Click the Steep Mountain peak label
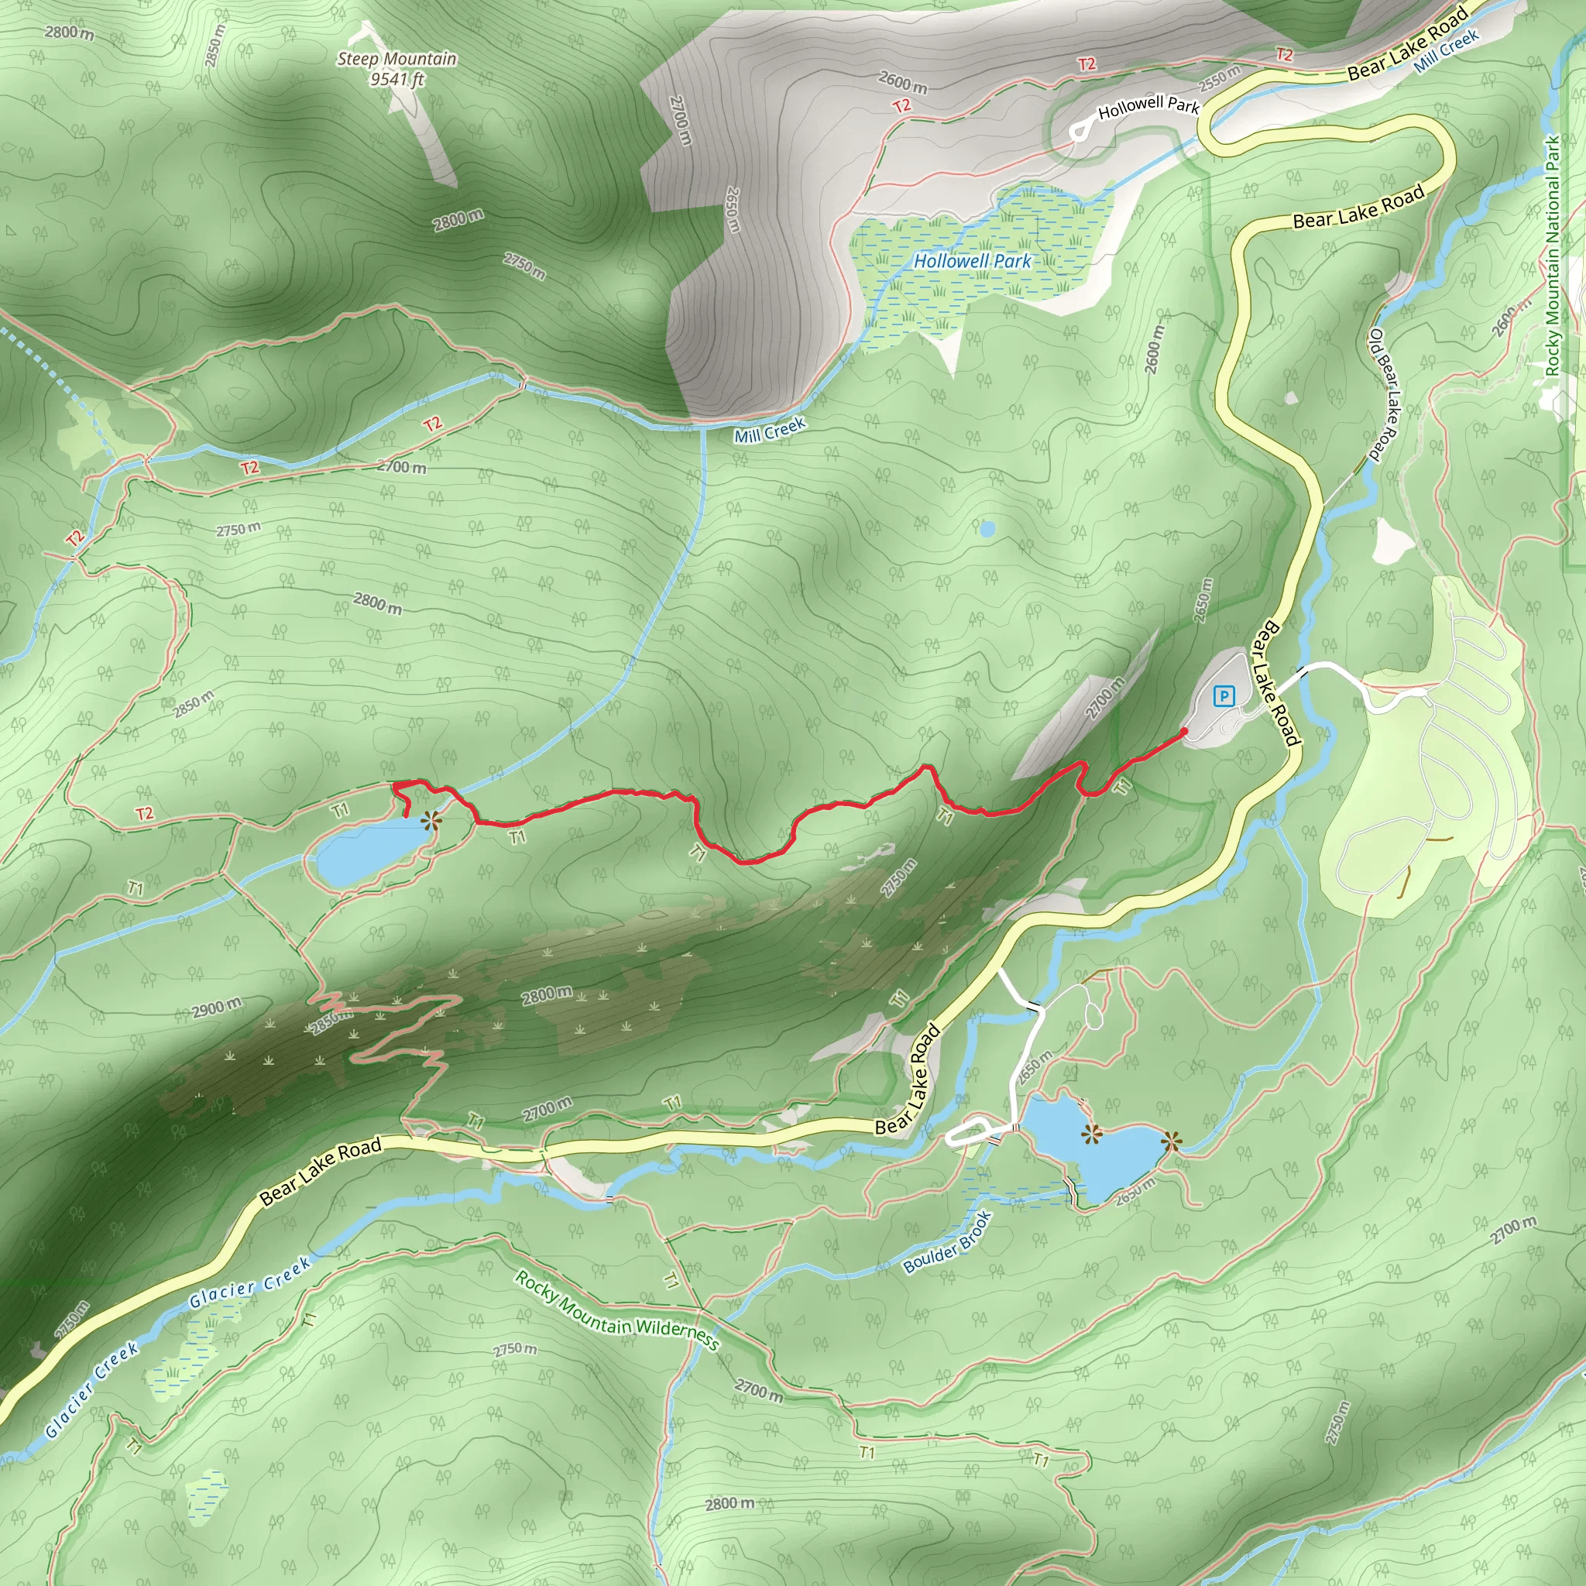(396, 59)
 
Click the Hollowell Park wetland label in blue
(973, 261)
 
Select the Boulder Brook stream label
(947, 1243)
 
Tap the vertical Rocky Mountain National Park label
(1553, 256)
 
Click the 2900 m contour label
(218, 1008)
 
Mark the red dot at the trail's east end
(1184, 730)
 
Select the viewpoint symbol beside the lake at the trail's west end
(430, 820)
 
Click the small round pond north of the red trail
(987, 528)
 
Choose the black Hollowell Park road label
(1148, 107)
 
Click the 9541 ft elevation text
(396, 80)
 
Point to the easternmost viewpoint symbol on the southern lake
(1171, 1140)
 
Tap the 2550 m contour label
(1220, 80)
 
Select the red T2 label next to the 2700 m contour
(249, 467)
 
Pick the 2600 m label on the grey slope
(903, 82)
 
